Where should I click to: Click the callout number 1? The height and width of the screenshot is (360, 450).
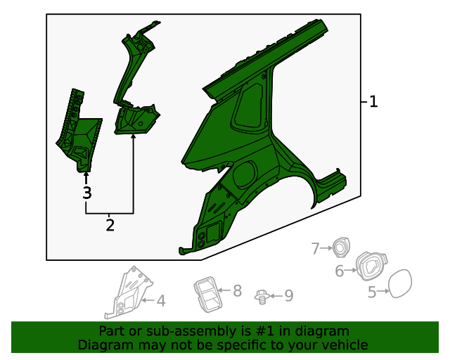click(373, 102)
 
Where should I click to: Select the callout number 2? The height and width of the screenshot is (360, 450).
click(110, 225)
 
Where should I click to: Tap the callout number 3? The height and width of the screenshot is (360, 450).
click(86, 193)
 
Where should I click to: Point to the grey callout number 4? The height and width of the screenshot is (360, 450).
click(161, 302)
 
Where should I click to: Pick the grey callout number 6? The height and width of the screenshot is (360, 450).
click(340, 271)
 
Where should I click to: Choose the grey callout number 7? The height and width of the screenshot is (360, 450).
click(316, 247)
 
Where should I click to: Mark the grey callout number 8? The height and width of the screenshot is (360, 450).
click(237, 290)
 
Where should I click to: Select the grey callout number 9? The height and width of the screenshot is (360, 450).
click(288, 296)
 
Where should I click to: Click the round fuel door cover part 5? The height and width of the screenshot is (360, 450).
click(399, 284)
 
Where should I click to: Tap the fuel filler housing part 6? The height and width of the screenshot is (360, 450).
click(368, 266)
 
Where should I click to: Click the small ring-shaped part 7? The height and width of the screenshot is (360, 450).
click(342, 247)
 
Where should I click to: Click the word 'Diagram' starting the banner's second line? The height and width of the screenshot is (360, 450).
click(104, 345)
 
